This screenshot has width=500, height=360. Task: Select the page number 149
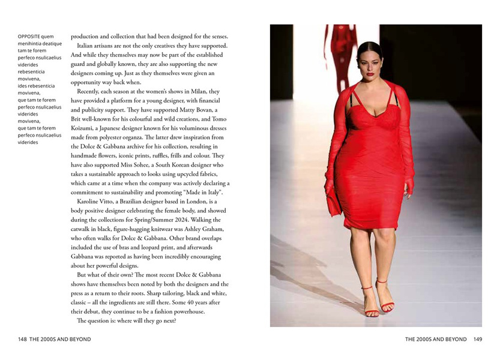click(x=477, y=340)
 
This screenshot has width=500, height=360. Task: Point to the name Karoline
click(x=90, y=202)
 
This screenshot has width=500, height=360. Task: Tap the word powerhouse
click(x=184, y=311)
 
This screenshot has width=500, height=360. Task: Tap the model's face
click(x=368, y=62)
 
